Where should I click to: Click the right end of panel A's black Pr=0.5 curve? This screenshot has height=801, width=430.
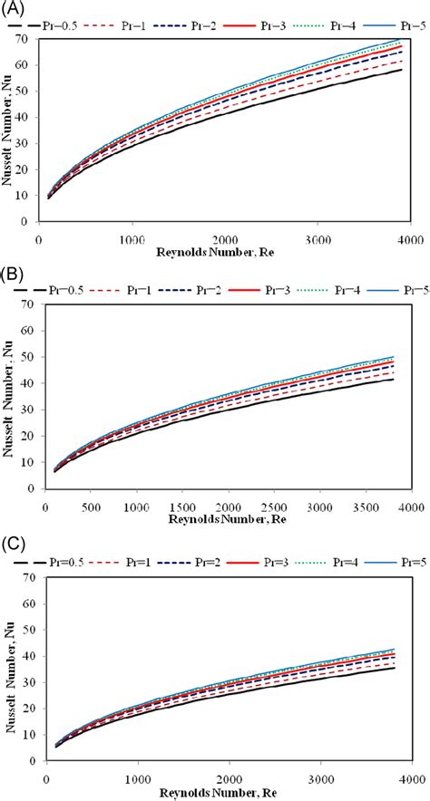[402, 70]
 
